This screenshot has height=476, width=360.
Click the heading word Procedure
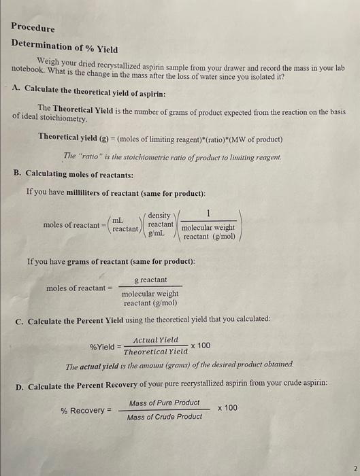(33, 28)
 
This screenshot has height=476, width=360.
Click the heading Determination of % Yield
(65, 48)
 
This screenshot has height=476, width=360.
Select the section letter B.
(18, 173)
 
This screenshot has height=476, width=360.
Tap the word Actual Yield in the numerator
(156, 339)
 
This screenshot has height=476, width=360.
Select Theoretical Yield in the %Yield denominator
(156, 352)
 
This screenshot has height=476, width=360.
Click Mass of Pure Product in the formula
(164, 403)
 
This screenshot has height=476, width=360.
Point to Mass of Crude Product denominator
(164, 416)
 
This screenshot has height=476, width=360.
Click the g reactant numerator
(150, 279)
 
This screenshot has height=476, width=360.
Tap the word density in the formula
(160, 215)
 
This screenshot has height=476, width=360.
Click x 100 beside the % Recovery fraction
(228, 408)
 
